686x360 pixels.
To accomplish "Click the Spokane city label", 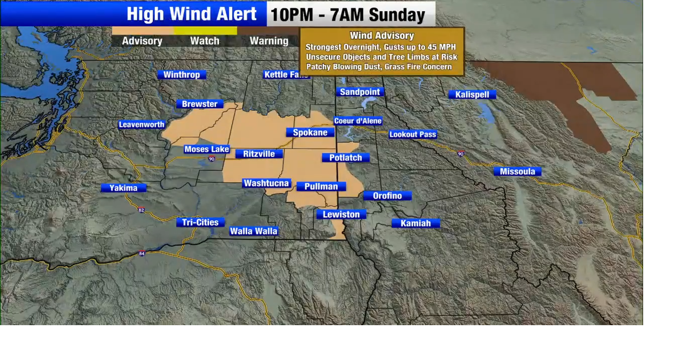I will pos(310,132).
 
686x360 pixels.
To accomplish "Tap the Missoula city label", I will pos(517,171).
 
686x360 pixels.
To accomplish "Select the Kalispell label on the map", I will pos(472,94).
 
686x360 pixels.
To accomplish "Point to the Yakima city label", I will pos(123,187).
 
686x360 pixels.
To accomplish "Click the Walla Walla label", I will pos(253,231).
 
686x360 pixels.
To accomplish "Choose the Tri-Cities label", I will pos(200,222).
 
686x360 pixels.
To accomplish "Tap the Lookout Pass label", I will pos(413,134).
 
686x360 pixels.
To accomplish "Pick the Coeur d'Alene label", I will pos(358,121).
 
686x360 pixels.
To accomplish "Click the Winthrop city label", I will pos(181,74).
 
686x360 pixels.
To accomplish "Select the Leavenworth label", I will pos(141,124).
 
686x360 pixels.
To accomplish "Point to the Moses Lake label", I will pos(206,149).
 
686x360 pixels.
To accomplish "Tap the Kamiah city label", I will pos(415,223).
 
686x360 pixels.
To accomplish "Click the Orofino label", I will pos(387,196).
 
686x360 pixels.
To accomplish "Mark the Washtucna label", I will pos(266,183).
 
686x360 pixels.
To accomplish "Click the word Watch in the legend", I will pos(205,41).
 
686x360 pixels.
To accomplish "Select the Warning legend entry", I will pos(269,41).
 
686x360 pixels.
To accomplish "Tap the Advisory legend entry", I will pos(142,41).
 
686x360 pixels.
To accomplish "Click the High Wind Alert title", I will pos(191,14).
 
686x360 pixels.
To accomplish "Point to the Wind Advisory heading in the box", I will pos(382,35).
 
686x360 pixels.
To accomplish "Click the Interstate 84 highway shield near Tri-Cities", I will pos(141,253).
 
